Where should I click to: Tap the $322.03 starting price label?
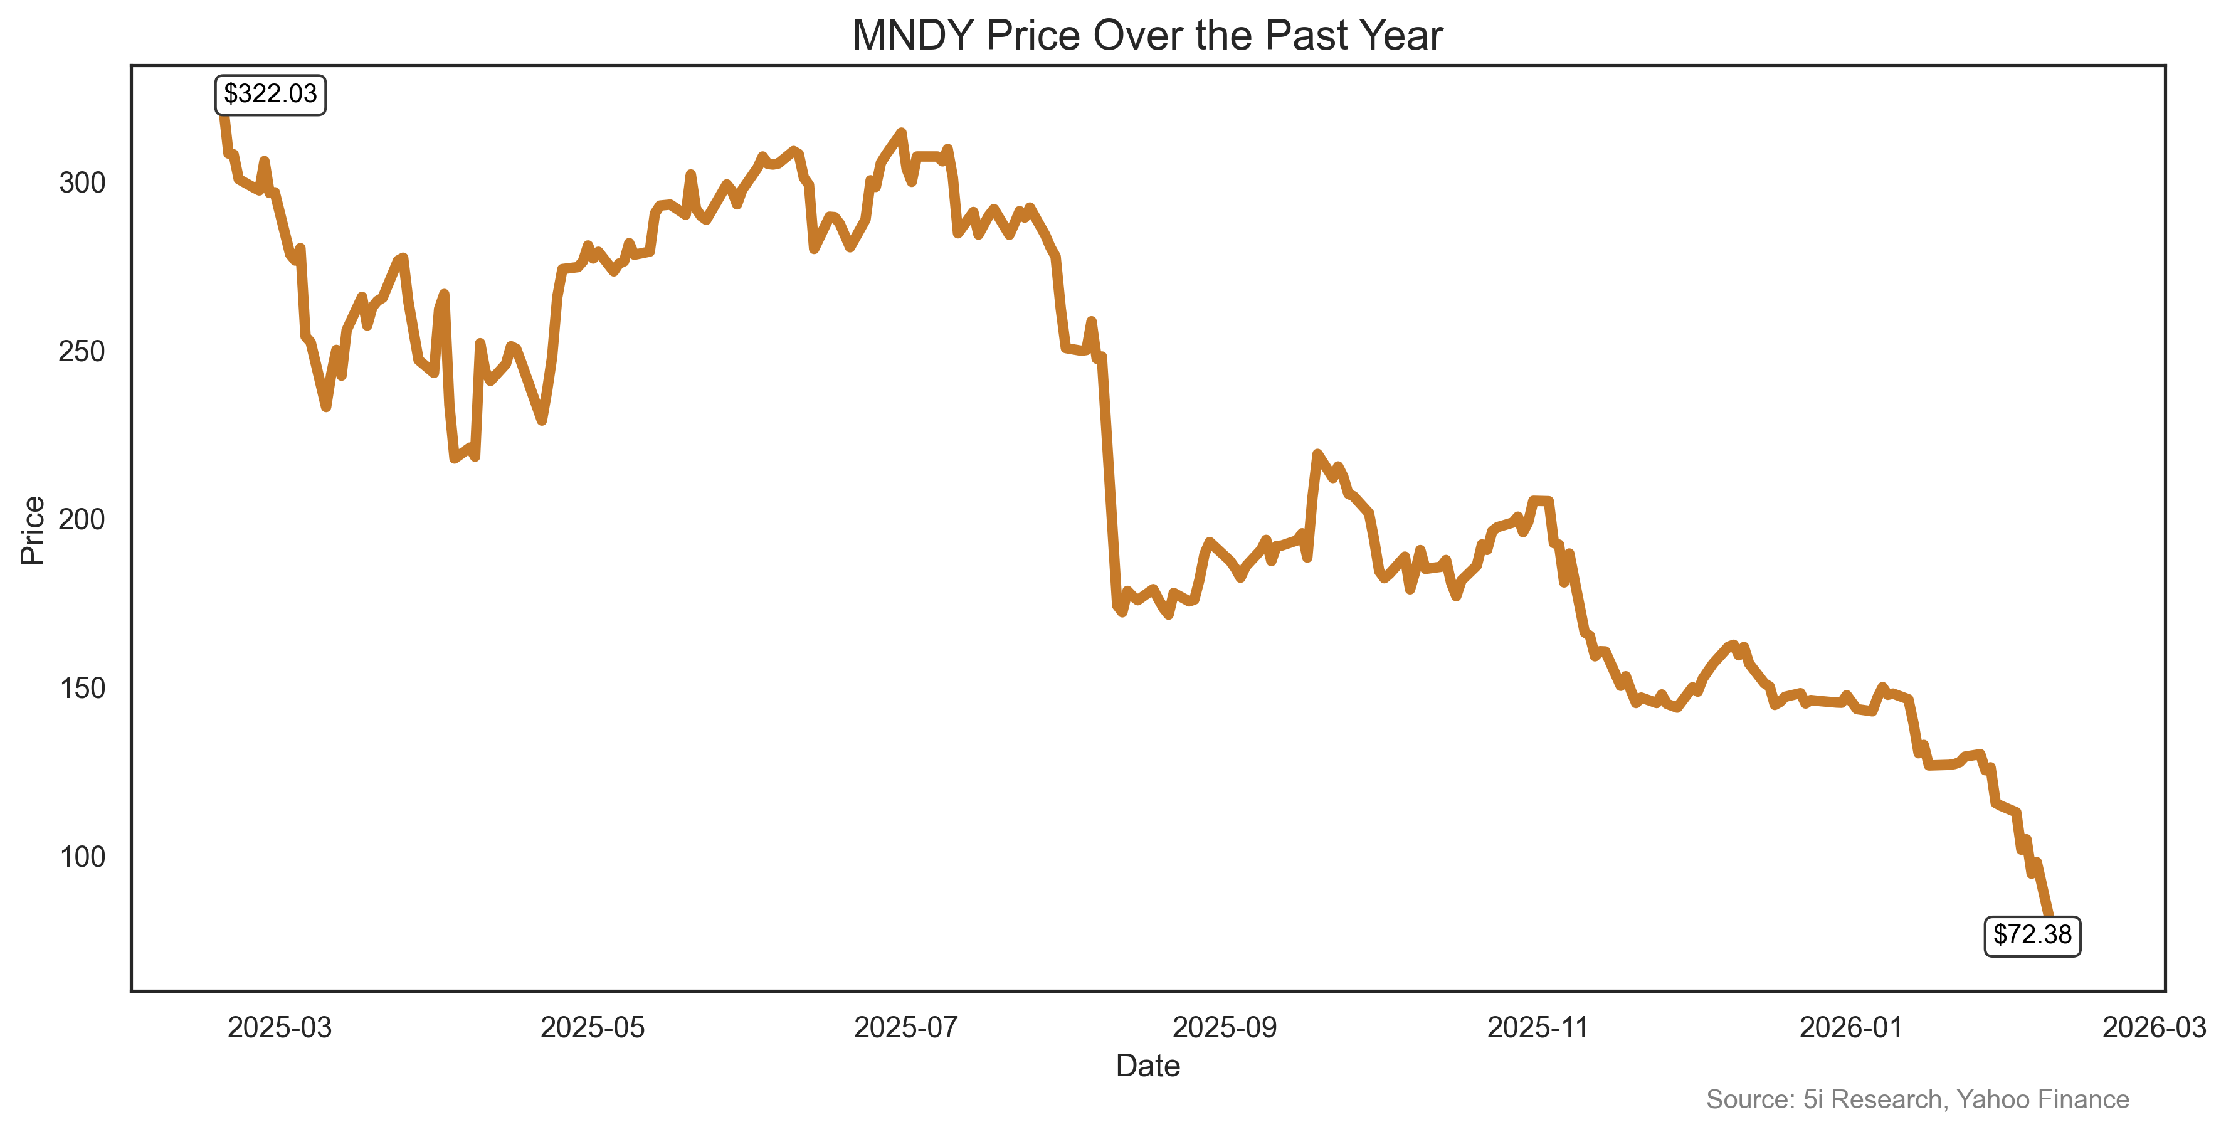pos(270,93)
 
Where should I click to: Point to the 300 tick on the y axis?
pos(82,182)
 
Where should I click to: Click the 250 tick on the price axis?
pos(82,351)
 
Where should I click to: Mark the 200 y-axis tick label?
pos(82,519)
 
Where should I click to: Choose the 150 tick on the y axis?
pos(82,688)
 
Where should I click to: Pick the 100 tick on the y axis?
pos(82,856)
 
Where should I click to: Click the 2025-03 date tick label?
pos(279,1027)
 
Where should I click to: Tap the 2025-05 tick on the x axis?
pos(593,1027)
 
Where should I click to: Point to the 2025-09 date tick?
pos(1225,1027)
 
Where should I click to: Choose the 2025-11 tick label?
pos(1538,1027)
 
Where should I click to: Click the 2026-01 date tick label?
pos(1851,1027)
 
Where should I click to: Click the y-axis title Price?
pos(33,530)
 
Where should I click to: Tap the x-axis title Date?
pos(1147,1066)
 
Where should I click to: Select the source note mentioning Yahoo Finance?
pos(1917,1099)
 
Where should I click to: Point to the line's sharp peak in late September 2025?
pos(1317,453)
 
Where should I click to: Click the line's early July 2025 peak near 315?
pos(902,132)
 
